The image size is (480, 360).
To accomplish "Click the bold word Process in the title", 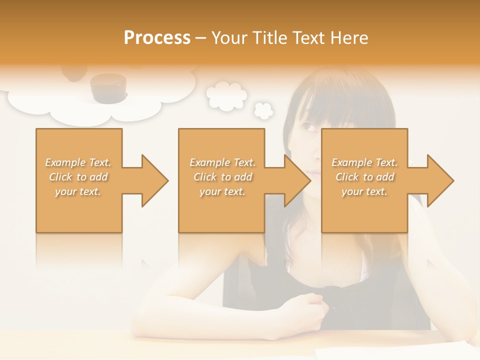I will click(157, 37).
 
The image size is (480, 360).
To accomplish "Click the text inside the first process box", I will click(78, 176).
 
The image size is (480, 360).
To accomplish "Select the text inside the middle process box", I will click(222, 176).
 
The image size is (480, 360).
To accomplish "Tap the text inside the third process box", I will click(364, 176).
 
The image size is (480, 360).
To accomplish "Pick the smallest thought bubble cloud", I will click(263, 110).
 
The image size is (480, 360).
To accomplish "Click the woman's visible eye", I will click(310, 129).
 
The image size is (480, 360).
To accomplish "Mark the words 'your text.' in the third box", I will click(364, 191).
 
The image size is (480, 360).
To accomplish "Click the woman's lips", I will click(313, 172).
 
